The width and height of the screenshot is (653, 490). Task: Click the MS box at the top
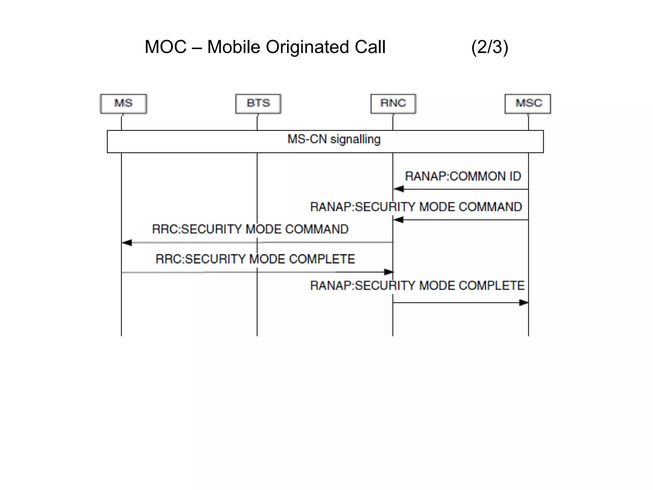(123, 104)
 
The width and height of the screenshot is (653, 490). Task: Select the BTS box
(258, 104)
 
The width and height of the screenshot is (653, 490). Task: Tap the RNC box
(393, 104)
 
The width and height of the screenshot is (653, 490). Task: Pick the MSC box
(528, 104)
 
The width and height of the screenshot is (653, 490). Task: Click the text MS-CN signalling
(334, 139)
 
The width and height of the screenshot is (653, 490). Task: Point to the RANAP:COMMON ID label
(463, 176)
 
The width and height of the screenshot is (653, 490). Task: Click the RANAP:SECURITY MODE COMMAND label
(416, 207)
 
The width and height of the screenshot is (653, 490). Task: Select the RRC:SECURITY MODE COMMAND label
(250, 229)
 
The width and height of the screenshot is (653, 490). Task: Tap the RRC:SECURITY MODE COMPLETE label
(255, 259)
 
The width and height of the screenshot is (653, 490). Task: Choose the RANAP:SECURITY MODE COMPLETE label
(417, 286)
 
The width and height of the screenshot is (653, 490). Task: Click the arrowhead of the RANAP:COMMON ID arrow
(399, 189)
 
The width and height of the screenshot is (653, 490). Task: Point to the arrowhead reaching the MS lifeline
(127, 243)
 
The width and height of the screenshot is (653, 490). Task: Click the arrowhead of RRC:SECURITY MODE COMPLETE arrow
(389, 272)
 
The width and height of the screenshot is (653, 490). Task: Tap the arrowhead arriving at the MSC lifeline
(524, 302)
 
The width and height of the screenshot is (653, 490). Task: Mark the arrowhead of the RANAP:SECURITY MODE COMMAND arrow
(398, 220)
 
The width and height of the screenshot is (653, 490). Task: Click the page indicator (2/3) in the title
(490, 47)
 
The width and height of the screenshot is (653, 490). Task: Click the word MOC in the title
(165, 47)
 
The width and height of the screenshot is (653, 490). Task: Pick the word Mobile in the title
(234, 47)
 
